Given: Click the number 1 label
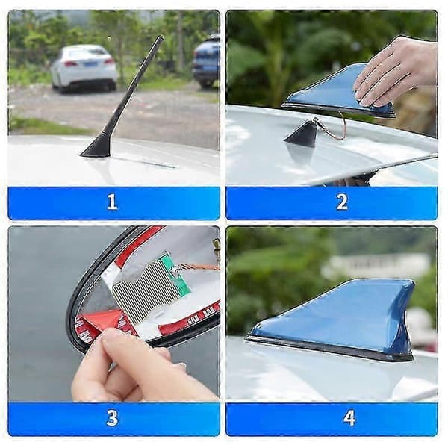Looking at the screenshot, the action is (x=112, y=202).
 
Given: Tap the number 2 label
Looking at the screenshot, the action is (x=342, y=202).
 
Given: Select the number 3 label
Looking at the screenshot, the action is (x=112, y=418).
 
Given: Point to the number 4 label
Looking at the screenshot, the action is (x=349, y=418).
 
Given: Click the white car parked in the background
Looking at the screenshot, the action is (x=84, y=68).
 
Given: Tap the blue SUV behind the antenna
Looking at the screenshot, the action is (x=206, y=62).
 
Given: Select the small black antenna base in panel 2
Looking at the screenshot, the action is (x=302, y=134).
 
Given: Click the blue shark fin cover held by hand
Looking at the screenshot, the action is (x=337, y=91).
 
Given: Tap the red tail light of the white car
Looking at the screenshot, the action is (x=70, y=63).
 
